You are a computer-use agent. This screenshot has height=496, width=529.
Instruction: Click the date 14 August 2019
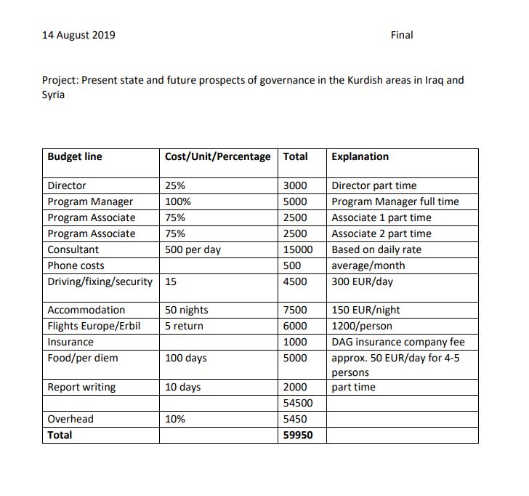point(78,35)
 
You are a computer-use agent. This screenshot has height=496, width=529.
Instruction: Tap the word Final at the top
point(401,35)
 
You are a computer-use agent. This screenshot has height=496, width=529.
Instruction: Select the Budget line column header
point(75,156)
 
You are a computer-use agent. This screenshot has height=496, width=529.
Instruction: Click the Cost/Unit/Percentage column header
point(217,156)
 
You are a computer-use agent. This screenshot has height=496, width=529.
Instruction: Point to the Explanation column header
point(360,156)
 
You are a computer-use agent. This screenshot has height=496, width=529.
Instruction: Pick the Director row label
point(67,185)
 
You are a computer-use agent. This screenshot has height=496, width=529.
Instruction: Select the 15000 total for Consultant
point(297,249)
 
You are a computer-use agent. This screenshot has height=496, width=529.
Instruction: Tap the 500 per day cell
point(193,249)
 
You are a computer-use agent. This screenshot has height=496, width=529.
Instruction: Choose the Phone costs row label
point(76,265)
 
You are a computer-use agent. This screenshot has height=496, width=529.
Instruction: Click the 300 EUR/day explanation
point(362,281)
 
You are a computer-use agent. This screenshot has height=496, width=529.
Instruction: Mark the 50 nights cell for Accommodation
point(186,310)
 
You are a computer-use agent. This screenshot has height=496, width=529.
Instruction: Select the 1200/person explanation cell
point(361,326)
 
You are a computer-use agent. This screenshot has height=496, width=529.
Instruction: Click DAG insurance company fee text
point(397,342)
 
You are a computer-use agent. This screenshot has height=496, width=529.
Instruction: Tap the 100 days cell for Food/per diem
point(185,358)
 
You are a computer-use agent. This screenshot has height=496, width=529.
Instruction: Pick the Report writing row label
point(81,387)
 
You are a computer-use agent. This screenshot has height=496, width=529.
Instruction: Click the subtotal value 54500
point(297,403)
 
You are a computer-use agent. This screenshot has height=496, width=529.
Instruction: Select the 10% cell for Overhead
point(175,419)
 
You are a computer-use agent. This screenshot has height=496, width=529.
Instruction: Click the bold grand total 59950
point(297,435)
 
